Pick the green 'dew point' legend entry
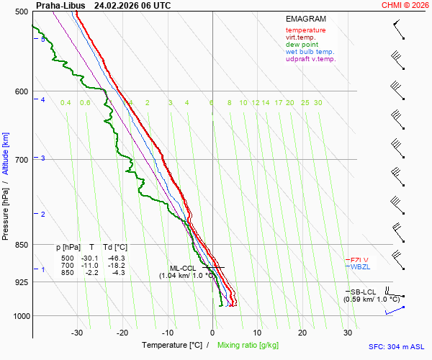[x=302, y=45]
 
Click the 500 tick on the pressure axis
[x=22, y=12]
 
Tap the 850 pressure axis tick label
[x=22, y=245]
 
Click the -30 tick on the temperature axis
[x=78, y=333]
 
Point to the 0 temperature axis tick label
[x=212, y=333]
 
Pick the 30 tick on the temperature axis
[x=347, y=333]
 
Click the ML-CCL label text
[x=183, y=268]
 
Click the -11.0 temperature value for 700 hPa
[x=89, y=265]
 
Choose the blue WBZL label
[x=359, y=267]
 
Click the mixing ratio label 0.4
[x=66, y=103]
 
